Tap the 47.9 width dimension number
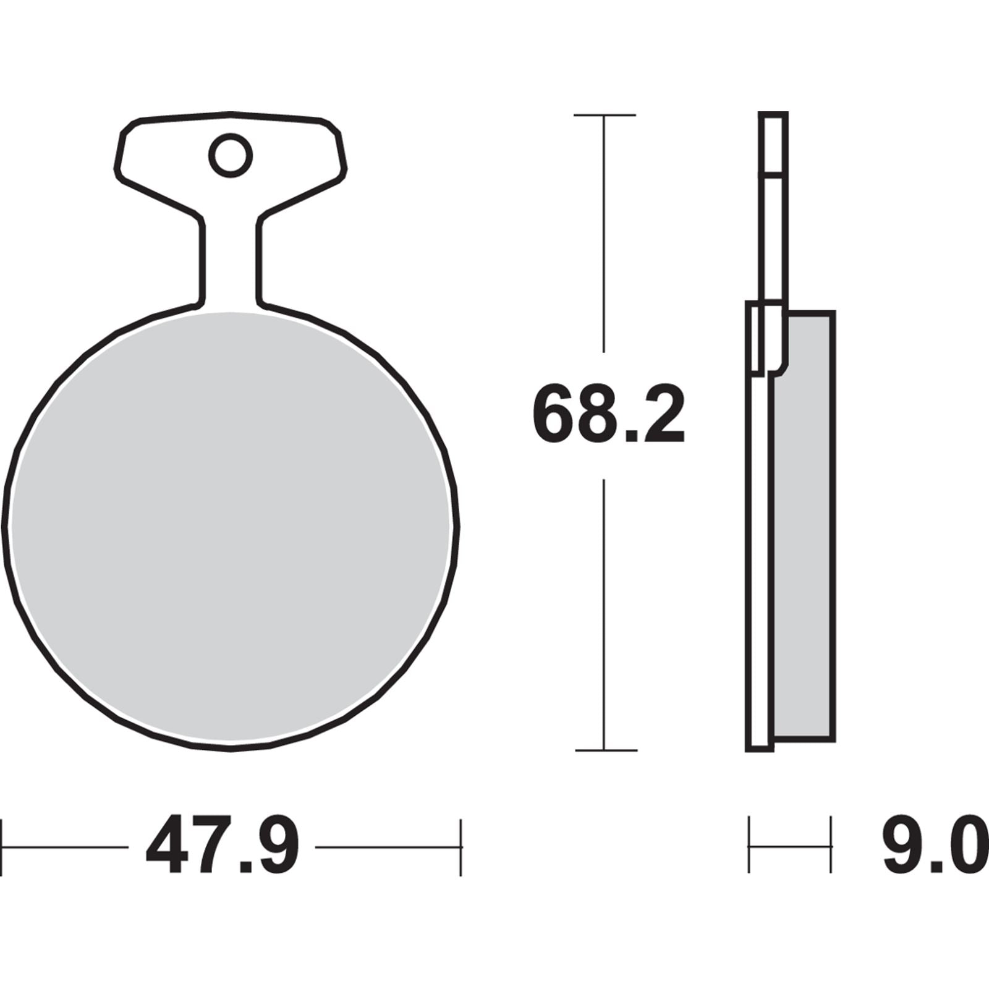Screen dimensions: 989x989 (x=222, y=846)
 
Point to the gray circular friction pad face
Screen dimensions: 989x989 (x=230, y=532)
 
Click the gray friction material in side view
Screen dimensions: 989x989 (x=804, y=525)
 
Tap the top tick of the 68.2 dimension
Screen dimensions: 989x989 (x=605, y=115)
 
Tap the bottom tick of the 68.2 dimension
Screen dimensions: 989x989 (x=606, y=750)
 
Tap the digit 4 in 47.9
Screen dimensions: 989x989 (x=167, y=846)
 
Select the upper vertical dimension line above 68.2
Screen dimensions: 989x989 (x=605, y=235)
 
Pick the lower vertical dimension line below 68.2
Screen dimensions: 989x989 (x=605, y=612)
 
